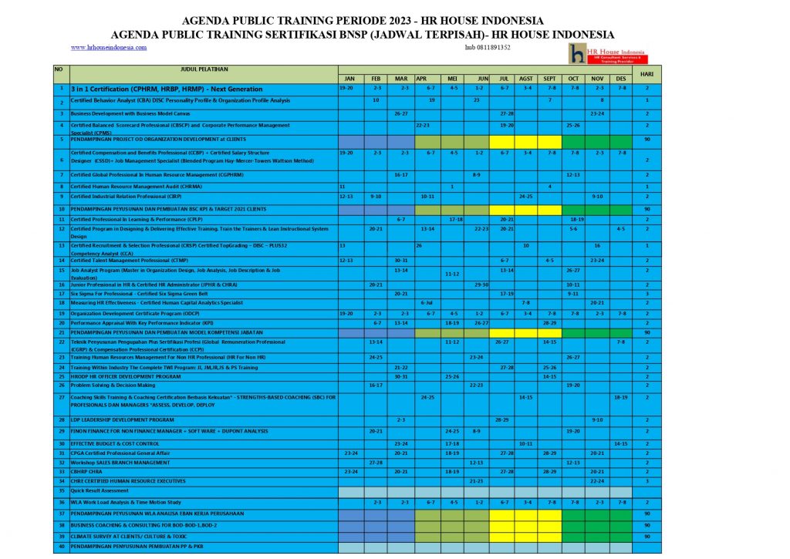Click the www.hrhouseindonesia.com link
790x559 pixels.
108,47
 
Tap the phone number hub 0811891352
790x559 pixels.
488,47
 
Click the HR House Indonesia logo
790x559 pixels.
608,54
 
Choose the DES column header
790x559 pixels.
622,79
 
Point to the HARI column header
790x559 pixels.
647,74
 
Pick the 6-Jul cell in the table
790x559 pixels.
427,303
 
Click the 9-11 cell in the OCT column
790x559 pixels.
573,294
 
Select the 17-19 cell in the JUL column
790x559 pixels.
506,294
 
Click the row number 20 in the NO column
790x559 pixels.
60,323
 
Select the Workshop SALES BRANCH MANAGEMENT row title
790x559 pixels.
120,463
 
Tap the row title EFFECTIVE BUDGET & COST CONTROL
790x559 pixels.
115,444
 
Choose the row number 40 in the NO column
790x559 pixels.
60,547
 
